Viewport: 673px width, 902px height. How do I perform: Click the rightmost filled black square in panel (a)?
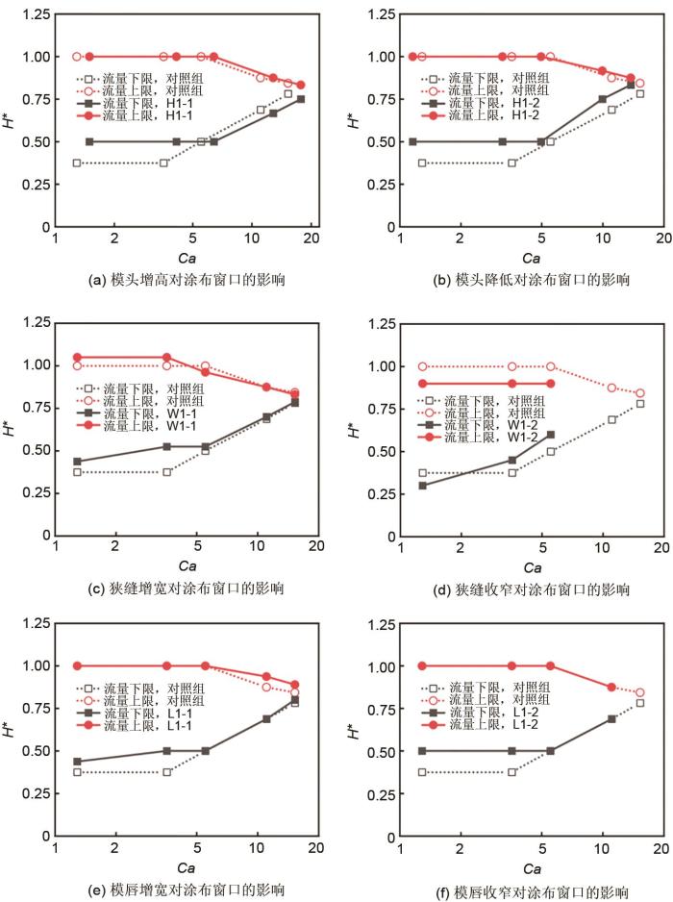point(300,99)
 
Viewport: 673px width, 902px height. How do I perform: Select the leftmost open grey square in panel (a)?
point(77,163)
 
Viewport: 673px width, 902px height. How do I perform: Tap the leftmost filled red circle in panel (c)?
point(77,358)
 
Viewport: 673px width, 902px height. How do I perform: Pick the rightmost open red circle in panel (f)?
point(639,692)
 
